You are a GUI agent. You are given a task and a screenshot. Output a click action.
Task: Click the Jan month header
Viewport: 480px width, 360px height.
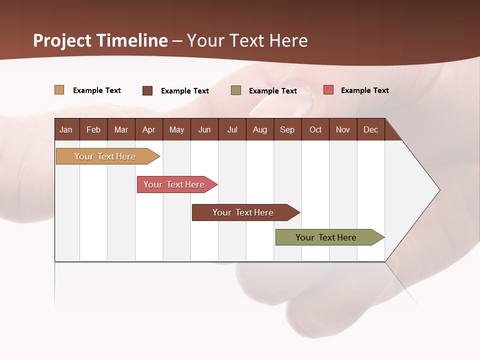tap(66, 129)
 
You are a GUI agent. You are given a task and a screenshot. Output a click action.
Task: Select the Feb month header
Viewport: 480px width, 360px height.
tap(93, 129)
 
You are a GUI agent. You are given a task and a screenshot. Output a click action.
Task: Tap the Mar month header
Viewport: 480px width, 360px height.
tap(121, 129)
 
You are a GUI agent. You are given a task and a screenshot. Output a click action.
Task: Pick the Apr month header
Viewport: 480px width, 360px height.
tap(148, 129)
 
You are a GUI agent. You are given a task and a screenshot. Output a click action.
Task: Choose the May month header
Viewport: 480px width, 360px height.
tap(176, 129)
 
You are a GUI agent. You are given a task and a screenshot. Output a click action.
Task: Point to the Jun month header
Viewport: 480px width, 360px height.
tap(204, 129)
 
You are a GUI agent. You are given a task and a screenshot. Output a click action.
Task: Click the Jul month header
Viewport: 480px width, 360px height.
tap(232, 129)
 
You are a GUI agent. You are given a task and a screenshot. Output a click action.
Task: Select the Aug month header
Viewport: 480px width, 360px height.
tap(259, 129)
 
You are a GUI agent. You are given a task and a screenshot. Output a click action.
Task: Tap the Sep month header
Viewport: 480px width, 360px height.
tap(287, 129)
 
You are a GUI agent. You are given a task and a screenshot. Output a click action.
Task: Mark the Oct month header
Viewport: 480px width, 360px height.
tap(315, 129)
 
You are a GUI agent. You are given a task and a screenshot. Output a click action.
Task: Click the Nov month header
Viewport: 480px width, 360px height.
tap(343, 129)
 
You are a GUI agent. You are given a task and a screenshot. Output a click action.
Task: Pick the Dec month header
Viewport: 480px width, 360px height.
tap(370, 129)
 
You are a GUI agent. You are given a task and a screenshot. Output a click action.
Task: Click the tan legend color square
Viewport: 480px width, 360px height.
tap(59, 90)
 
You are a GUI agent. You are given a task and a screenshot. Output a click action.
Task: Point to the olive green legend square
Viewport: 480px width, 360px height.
tap(236, 90)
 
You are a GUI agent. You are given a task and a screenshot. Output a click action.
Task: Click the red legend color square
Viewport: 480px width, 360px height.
tap(328, 90)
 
